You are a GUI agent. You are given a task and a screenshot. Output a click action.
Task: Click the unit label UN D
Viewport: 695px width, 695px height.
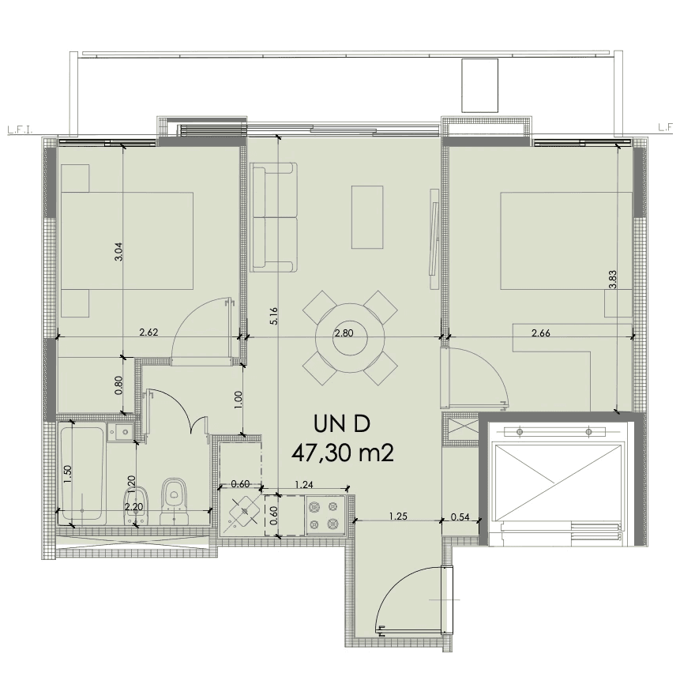pyautogui.click(x=341, y=424)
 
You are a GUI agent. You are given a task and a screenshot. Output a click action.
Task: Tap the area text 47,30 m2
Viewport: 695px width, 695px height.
pyautogui.click(x=343, y=453)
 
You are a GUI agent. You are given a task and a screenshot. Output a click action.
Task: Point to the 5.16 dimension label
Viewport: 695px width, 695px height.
pyautogui.click(x=274, y=316)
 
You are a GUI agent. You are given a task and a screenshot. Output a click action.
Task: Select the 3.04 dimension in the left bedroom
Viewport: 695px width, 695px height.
pyautogui.click(x=118, y=252)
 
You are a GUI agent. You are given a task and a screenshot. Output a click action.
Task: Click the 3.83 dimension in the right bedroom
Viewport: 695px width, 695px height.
pyautogui.click(x=613, y=280)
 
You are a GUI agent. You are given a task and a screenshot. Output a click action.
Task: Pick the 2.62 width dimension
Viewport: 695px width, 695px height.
pyautogui.click(x=148, y=332)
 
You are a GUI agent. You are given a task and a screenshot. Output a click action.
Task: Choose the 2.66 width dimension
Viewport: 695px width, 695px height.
pyautogui.click(x=541, y=332)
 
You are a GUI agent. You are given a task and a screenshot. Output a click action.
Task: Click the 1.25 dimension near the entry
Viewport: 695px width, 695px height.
pyautogui.click(x=398, y=516)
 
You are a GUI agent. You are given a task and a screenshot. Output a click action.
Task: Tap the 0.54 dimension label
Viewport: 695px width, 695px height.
pyautogui.click(x=460, y=517)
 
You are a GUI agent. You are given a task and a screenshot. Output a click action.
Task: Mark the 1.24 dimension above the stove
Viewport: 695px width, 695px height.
pyautogui.click(x=303, y=484)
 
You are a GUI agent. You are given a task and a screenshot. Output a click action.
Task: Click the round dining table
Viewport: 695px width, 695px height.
pyautogui.click(x=350, y=338)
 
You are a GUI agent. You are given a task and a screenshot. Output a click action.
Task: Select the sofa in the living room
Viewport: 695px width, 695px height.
pyautogui.click(x=273, y=217)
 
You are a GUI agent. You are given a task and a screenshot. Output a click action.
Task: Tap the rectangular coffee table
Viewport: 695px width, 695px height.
pyautogui.click(x=367, y=217)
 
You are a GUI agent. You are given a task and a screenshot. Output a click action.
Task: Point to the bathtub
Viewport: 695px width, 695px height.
pyautogui.click(x=82, y=472)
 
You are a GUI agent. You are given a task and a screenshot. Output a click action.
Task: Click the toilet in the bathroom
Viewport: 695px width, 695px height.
pyautogui.click(x=174, y=502)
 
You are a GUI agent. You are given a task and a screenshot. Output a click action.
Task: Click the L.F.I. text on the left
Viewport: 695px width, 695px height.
pyautogui.click(x=21, y=130)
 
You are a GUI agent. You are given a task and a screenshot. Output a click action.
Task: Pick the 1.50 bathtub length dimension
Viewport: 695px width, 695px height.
pyautogui.click(x=67, y=475)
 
